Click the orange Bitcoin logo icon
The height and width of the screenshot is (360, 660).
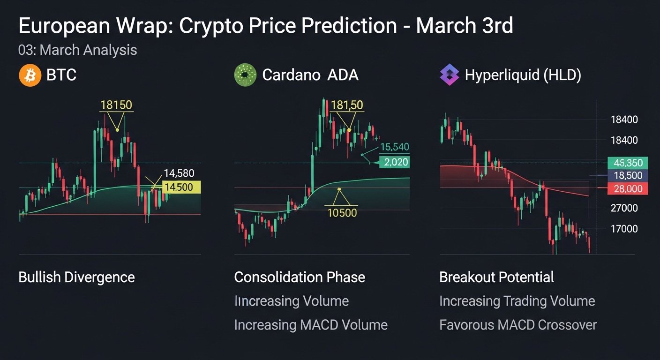coord(30,75)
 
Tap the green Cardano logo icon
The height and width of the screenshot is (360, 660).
coord(245,75)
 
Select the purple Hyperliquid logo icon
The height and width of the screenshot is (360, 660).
coord(450,75)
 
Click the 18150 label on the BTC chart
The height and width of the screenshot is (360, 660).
coord(116,105)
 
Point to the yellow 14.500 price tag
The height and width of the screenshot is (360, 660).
coord(181,187)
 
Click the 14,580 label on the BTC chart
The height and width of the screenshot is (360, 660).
coord(179,173)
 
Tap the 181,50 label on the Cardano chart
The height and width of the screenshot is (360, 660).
coord(347,105)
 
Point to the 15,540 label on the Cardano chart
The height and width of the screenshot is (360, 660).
coord(394,147)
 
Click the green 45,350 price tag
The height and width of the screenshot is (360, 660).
coord(628,163)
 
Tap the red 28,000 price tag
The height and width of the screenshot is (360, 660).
coord(628,188)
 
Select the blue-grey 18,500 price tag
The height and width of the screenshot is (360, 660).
coord(628,176)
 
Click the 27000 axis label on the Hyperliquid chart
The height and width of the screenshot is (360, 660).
coord(624,208)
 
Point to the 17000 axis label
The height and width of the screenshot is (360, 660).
coord(624,229)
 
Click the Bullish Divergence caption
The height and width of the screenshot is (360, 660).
coord(76,277)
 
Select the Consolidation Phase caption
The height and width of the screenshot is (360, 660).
coord(300,277)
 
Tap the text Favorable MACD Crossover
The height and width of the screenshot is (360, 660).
coord(518,325)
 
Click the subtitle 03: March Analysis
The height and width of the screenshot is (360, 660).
coord(78,50)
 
